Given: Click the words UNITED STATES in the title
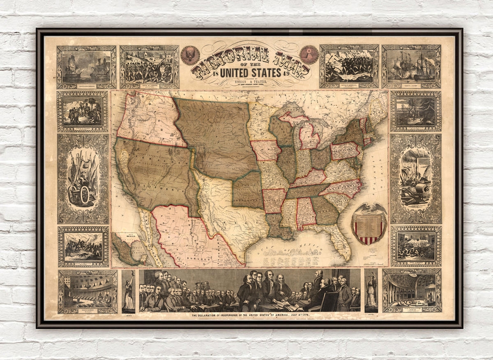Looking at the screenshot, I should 250,73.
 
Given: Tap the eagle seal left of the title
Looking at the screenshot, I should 190,55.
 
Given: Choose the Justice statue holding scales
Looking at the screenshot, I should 371,290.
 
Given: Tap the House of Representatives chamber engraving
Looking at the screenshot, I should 412,290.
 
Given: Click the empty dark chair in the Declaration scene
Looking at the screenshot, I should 329,302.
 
